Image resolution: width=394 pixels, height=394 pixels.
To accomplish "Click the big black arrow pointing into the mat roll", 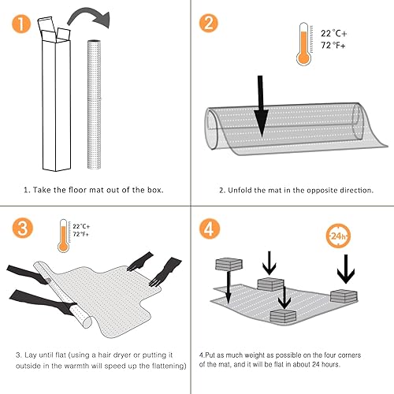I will [262, 103].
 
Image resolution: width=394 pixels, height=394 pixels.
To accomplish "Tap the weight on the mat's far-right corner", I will [344, 296].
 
